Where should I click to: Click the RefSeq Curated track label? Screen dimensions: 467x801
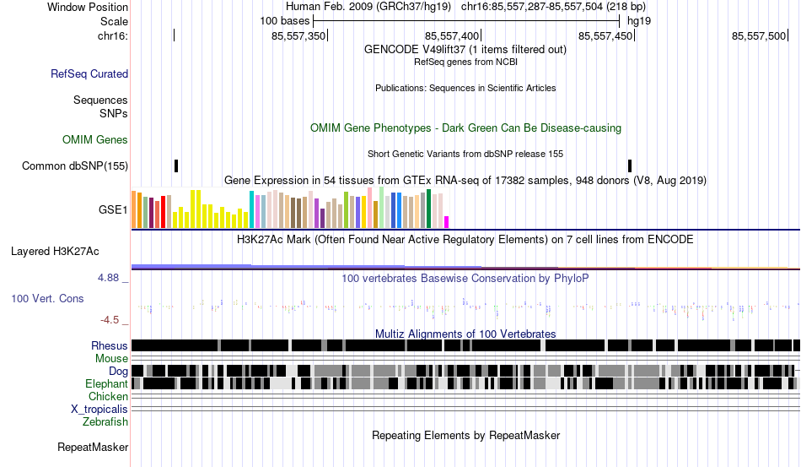[89, 74]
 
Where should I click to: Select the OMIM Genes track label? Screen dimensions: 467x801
[95, 139]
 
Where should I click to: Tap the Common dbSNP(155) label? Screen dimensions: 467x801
[75, 166]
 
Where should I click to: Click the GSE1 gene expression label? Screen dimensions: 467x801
[113, 210]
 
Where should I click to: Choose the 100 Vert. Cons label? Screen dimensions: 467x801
[48, 298]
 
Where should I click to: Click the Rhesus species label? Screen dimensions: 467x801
[110, 345]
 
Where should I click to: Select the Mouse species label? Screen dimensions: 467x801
[111, 358]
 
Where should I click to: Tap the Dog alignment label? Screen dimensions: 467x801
[118, 371]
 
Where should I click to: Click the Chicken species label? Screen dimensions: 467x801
[109, 396]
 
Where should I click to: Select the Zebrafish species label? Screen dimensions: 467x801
[105, 421]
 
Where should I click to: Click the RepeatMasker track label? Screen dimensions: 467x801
[93, 447]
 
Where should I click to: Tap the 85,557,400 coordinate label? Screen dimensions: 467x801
[452, 35]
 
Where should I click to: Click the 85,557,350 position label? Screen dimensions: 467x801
[298, 35]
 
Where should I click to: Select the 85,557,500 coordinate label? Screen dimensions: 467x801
[759, 35]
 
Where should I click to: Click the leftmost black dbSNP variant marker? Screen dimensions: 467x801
[176, 166]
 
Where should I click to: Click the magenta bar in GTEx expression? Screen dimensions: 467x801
[447, 222]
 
